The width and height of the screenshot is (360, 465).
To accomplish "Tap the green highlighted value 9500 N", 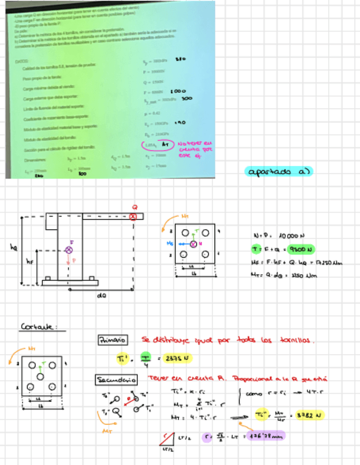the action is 299,249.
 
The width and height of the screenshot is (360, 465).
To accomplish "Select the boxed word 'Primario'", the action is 112,340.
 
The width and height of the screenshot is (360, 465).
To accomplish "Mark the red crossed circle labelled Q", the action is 133,216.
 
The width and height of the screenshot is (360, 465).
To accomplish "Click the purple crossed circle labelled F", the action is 69,250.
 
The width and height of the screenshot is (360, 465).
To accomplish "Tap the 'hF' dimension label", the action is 30,262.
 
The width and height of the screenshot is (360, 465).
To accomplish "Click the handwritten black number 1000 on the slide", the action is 179,90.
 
